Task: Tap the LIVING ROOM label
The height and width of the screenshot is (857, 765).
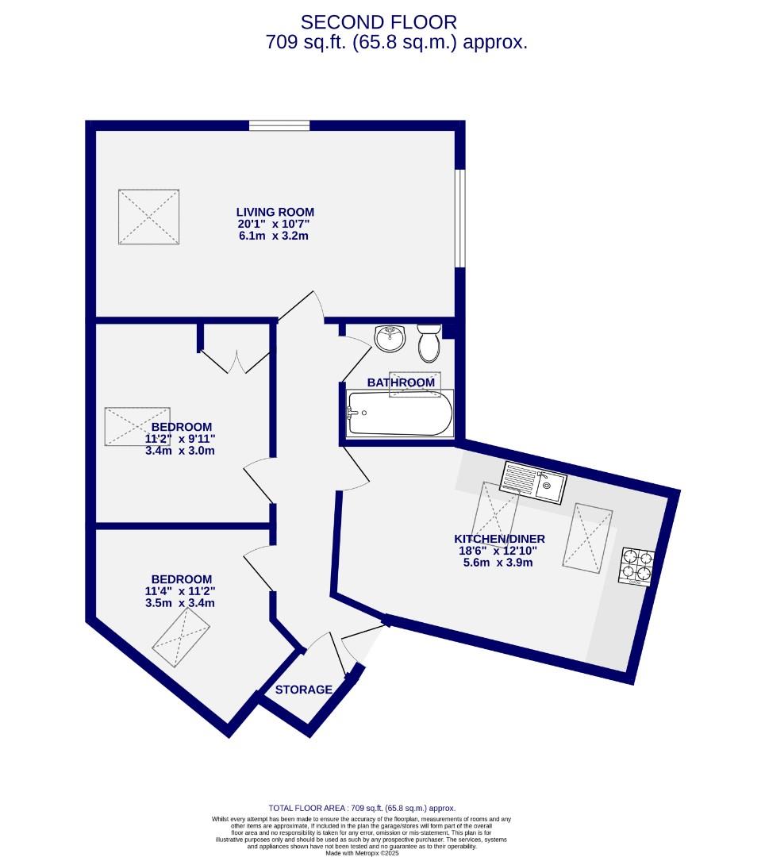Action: [275, 212]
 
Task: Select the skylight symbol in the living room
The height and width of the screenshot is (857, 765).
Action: [148, 217]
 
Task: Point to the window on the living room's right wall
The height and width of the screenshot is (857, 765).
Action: [459, 218]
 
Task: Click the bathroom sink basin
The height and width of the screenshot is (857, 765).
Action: [390, 339]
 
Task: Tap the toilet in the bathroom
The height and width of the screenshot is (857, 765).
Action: [429, 342]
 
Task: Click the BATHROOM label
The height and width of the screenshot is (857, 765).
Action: [401, 382]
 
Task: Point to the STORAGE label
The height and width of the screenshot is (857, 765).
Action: [304, 690]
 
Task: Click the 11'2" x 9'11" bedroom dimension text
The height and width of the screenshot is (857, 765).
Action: [180, 438]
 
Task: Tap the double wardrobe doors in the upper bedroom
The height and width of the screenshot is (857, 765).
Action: [234, 361]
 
